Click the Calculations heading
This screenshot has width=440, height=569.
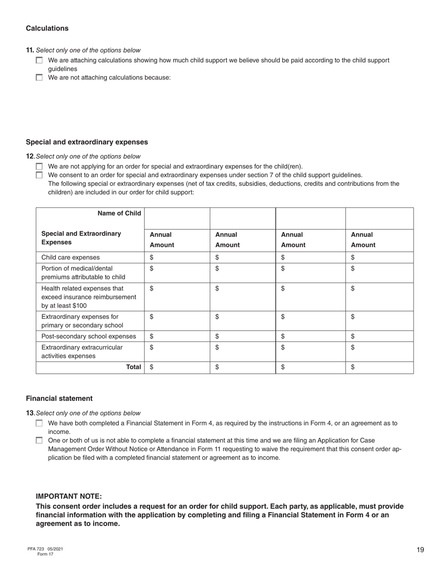[47, 28]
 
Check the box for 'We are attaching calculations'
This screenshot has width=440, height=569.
[39, 60]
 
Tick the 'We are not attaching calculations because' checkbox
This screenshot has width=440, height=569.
[39, 77]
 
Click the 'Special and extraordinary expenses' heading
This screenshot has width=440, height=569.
[87, 142]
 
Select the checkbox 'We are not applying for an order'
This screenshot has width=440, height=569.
[39, 167]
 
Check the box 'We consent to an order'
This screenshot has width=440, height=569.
[39, 175]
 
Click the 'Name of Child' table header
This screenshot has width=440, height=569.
[119, 213]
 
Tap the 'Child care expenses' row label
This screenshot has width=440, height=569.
[70, 258]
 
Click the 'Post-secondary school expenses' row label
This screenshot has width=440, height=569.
[88, 336]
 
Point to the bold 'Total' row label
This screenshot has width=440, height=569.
[133, 367]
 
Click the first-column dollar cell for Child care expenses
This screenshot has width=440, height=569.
[177, 258]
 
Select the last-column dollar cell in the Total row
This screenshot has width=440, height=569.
[379, 367]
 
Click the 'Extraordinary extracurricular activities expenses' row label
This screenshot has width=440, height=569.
[82, 352]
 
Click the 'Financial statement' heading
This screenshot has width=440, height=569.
[59, 398]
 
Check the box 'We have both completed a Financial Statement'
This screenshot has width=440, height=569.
[39, 423]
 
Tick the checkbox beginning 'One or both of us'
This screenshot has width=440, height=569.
[39, 440]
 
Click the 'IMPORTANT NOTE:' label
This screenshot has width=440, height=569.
[69, 496]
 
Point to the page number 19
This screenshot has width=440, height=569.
[420, 550]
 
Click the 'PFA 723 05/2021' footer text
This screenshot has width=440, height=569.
[45, 549]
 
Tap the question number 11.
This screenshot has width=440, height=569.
[30, 50]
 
